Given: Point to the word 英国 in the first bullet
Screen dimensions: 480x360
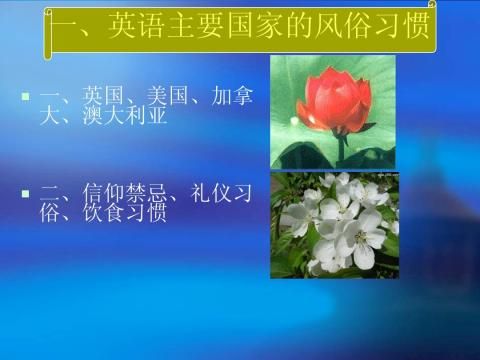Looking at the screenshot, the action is pos(103,96).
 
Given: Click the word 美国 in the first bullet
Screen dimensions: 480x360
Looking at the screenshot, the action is pos(168,96).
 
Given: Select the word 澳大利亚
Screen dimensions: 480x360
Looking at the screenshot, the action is pos(125,116).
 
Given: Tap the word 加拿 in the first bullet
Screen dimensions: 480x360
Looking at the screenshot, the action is pos(232,96).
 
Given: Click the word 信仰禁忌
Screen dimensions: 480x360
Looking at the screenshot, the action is pos(125,193).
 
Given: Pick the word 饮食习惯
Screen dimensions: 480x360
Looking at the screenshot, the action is pos(125,212).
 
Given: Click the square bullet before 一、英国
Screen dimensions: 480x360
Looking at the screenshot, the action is pos(25,97).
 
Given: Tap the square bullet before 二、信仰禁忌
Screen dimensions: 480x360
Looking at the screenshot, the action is pos(25,194).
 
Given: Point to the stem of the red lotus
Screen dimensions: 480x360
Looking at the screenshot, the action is pos(341,151).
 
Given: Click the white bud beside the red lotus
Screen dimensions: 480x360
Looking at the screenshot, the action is pos(294,121).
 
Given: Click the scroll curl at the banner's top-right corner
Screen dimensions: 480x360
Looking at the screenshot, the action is pos(432,4).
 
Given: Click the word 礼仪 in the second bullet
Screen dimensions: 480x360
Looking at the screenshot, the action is pos(211,193).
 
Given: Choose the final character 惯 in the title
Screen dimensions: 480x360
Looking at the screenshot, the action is pos(417,25).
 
